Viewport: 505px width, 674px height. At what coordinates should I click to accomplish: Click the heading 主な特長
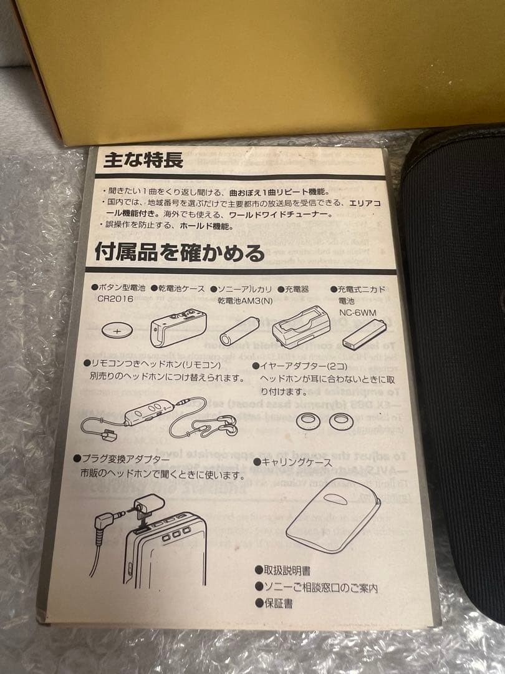143,160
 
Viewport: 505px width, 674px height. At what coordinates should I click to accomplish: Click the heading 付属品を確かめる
179,253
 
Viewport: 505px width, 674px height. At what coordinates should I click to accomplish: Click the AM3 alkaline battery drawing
244,329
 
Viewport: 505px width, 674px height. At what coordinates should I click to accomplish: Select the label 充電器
297,290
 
